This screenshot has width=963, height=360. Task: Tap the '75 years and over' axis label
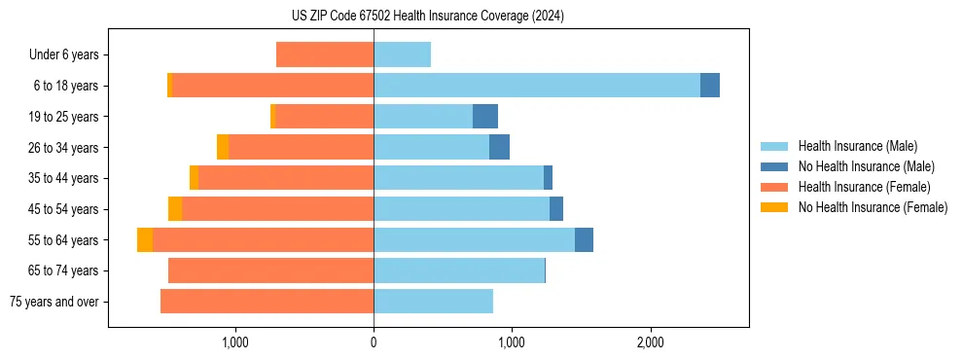54,302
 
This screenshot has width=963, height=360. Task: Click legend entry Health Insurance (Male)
857,146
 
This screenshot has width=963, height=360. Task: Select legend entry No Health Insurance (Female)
873,207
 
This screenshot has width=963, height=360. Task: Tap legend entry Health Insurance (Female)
864,187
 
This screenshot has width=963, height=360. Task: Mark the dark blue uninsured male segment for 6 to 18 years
710,86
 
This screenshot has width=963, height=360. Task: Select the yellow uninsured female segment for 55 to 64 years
145,240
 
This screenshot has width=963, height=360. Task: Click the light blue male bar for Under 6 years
402,54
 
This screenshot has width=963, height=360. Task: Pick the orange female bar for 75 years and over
267,302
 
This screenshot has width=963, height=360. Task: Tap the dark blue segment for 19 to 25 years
485,117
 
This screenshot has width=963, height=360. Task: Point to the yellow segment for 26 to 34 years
223,147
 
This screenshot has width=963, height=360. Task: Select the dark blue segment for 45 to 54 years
556,209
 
